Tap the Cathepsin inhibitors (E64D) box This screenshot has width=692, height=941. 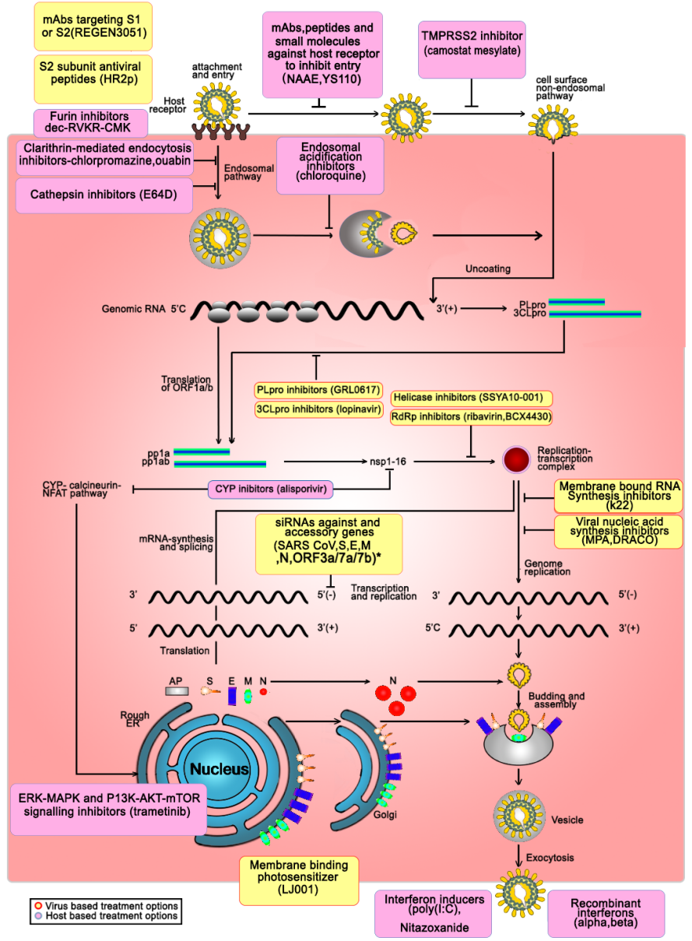click(x=104, y=195)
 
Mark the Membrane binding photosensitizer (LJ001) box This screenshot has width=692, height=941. click(x=299, y=880)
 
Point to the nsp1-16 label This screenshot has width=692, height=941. click(x=388, y=462)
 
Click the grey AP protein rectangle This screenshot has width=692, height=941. click(x=176, y=690)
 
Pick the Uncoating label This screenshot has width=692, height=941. click(x=489, y=269)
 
